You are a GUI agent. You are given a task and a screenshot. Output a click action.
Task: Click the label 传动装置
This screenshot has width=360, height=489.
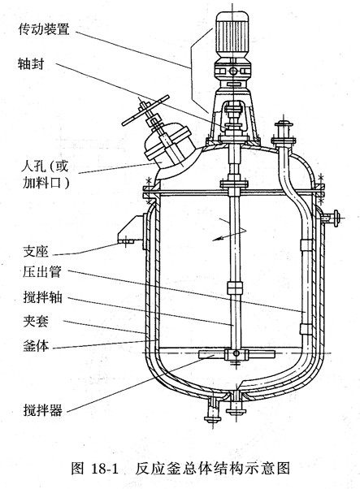pos(44,29)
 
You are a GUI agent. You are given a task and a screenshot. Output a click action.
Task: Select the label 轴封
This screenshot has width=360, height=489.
pos(31,63)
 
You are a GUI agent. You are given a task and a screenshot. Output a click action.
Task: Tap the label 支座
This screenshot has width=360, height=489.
pos(36,252)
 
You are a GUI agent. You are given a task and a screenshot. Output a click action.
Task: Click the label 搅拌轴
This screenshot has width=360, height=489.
pos(42,297)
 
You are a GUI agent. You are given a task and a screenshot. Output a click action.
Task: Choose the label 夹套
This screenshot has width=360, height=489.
pos(36,321)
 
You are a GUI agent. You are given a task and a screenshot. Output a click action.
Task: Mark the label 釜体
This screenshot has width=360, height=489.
pos(36,346)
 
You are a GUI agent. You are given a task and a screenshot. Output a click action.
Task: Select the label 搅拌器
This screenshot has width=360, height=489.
pos(42,409)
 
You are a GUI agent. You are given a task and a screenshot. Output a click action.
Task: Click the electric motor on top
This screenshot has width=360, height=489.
pos(232,34)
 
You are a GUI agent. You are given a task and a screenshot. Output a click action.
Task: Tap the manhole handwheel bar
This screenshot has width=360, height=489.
pos(145,110)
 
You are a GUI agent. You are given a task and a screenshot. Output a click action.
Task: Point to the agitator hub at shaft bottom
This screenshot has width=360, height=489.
pos(236,354)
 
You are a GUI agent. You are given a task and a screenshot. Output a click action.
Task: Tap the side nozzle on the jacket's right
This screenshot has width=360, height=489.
pos(332,218)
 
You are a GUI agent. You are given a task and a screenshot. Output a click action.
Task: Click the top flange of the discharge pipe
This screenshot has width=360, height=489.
pos(284,124)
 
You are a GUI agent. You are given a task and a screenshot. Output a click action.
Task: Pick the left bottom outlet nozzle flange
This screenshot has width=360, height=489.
pos(214,418)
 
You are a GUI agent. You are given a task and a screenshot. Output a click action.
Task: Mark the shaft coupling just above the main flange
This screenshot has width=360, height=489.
pos(234,184)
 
